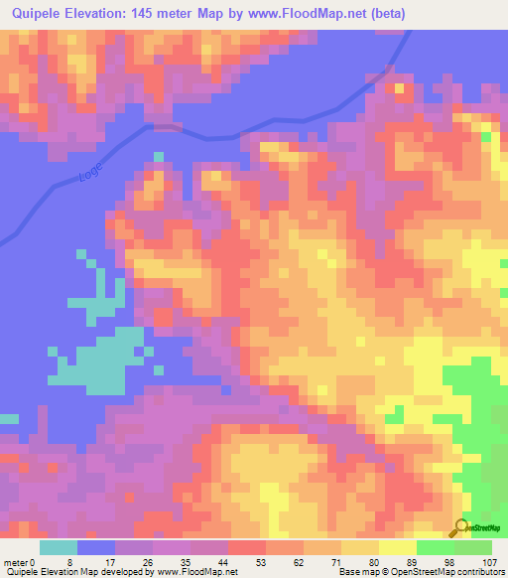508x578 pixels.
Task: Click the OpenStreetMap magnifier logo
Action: pos(462,528)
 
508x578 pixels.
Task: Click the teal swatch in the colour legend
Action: pos(59,547)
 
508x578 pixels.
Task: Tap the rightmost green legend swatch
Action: pos(473,547)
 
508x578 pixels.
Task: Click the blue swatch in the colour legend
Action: pos(96,547)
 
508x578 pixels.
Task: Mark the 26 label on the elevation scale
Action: pos(149,562)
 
